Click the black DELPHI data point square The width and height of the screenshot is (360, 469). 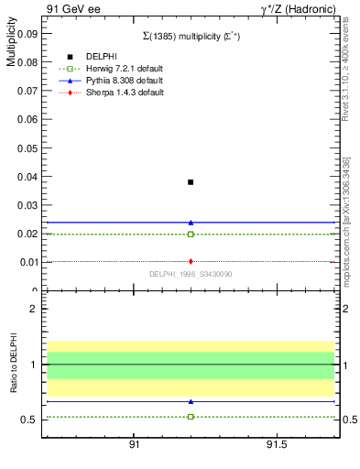coord(191,182)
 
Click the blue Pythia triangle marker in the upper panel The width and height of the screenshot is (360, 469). coord(191,223)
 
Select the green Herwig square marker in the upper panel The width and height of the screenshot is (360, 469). coord(191,234)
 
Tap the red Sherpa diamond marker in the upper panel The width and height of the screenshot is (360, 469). coord(191,262)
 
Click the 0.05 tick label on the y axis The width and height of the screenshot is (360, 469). coord(27,147)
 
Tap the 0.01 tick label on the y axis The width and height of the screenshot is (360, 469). coord(27,262)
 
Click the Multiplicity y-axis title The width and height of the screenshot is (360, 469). coord(11,47)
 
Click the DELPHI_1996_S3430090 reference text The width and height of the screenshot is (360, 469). coord(191,274)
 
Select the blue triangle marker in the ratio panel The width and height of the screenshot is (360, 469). coord(191,401)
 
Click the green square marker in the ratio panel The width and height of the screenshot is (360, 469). coord(191,417)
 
